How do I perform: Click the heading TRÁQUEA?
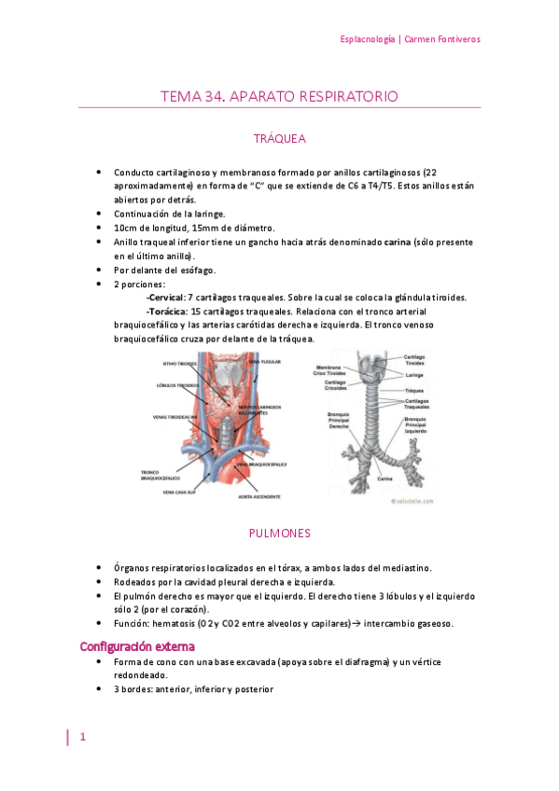pyautogui.click(x=279, y=139)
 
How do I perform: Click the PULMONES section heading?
pyautogui.click(x=279, y=534)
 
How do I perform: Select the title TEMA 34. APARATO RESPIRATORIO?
pyautogui.click(x=279, y=96)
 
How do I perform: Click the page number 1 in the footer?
pyautogui.click(x=83, y=737)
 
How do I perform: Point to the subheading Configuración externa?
pyautogui.click(x=137, y=645)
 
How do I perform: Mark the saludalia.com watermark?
pyautogui.click(x=404, y=499)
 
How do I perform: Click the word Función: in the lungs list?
pyautogui.click(x=134, y=623)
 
